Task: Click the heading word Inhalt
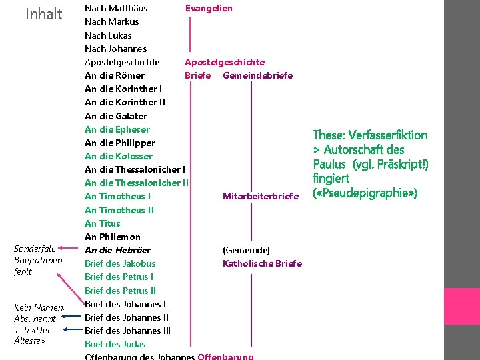[x=43, y=14]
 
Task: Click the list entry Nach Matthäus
[x=116, y=8]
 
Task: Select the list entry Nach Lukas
[x=108, y=35]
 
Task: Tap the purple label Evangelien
[x=209, y=8]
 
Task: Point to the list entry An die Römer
[x=115, y=75]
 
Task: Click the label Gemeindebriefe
[x=257, y=75]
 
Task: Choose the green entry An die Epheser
[x=117, y=129]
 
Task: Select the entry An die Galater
[x=116, y=116]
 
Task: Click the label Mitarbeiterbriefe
[x=261, y=196]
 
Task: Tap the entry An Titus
[x=103, y=223]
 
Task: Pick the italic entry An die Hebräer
[x=117, y=250]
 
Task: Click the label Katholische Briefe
[x=262, y=263]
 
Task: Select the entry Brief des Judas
[x=115, y=344]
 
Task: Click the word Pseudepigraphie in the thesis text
[x=367, y=193]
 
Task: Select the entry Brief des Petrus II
[x=121, y=291]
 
